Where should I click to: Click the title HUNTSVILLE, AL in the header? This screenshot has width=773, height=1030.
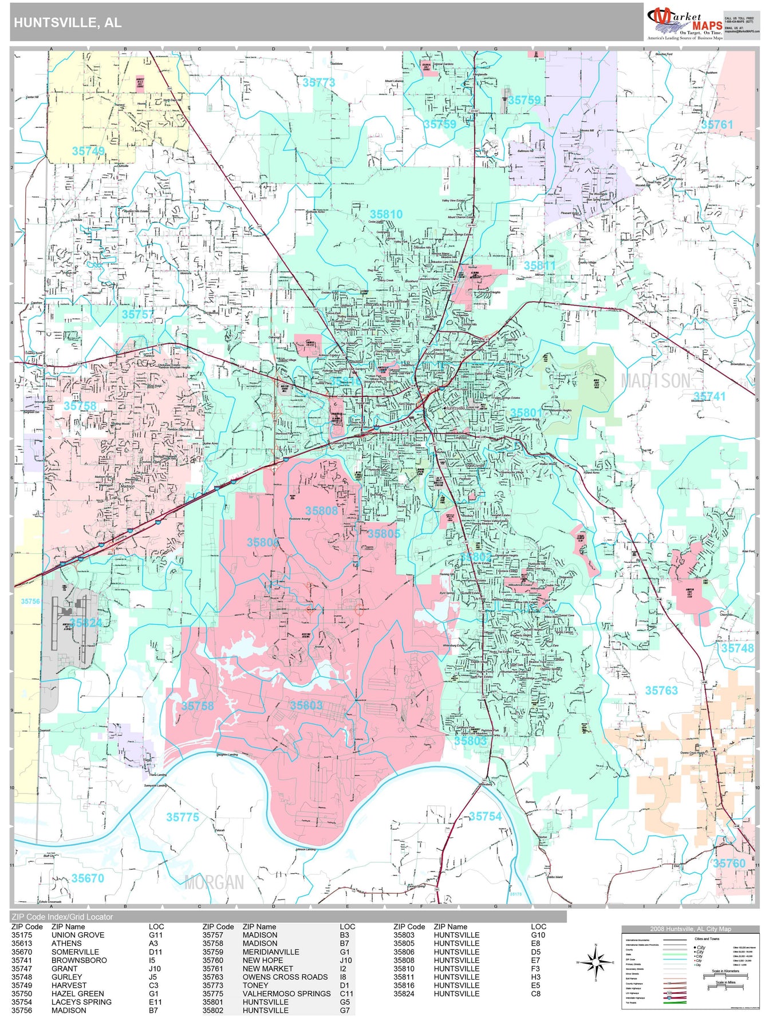(x=68, y=23)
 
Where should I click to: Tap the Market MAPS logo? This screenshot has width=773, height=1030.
(x=685, y=23)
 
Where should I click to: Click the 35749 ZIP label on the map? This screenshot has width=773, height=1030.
(x=88, y=151)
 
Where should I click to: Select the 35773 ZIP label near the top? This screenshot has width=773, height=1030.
(x=319, y=82)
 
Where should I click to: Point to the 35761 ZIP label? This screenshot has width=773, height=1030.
(x=717, y=124)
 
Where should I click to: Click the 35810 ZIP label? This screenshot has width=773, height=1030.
(x=386, y=214)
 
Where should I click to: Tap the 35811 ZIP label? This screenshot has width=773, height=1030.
(x=539, y=266)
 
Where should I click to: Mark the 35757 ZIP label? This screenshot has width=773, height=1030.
(x=137, y=314)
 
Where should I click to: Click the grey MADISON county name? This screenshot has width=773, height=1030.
(x=655, y=381)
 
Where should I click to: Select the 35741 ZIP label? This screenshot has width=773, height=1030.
(x=709, y=396)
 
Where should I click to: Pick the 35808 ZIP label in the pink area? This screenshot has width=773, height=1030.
(x=321, y=510)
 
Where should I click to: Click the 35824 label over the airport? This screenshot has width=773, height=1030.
(x=86, y=623)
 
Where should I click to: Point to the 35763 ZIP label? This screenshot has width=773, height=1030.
(x=661, y=691)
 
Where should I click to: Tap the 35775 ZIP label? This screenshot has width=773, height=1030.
(x=183, y=817)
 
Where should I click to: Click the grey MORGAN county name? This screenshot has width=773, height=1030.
(x=214, y=882)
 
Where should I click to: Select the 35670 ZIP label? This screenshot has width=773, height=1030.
(x=88, y=878)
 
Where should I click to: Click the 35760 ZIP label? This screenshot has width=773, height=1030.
(x=729, y=863)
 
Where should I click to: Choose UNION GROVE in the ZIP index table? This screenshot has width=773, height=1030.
(x=78, y=935)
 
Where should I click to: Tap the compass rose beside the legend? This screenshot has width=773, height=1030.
(x=595, y=962)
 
